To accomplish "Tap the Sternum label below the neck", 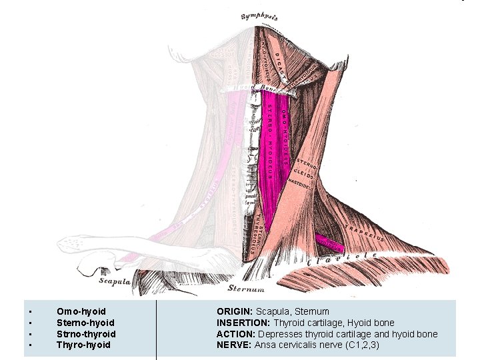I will [x=246, y=289].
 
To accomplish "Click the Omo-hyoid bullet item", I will [x=81, y=311].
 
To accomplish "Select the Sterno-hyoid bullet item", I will [x=85, y=323].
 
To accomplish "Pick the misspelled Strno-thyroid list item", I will [x=86, y=334].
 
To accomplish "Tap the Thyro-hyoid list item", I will [x=83, y=345].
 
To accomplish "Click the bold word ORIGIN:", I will [x=234, y=311].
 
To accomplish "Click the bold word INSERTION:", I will [x=243, y=323].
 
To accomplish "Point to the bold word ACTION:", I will [x=236, y=334].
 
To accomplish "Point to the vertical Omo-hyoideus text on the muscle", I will [x=284, y=130].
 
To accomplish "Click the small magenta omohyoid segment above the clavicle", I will [x=329, y=241].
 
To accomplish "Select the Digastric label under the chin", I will [x=281, y=63].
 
